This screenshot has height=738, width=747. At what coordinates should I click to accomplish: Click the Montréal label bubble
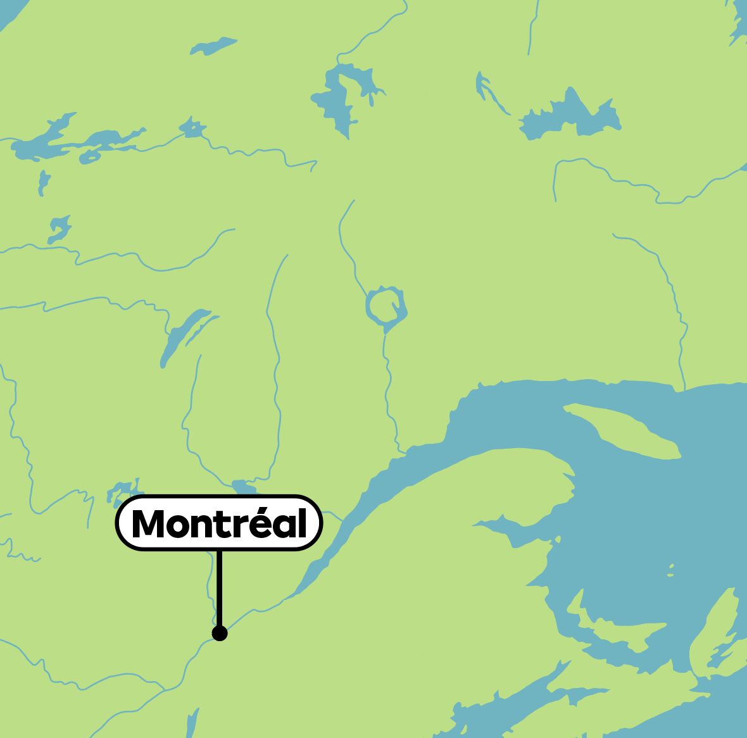(219, 523)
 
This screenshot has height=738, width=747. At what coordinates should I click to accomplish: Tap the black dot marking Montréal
(220, 633)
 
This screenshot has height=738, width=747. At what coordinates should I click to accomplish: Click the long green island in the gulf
(624, 430)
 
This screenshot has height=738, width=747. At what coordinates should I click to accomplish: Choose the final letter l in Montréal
(303, 523)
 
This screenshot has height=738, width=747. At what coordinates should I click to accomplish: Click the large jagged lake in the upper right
(570, 116)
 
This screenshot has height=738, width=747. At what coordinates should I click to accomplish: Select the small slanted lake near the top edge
(213, 45)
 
